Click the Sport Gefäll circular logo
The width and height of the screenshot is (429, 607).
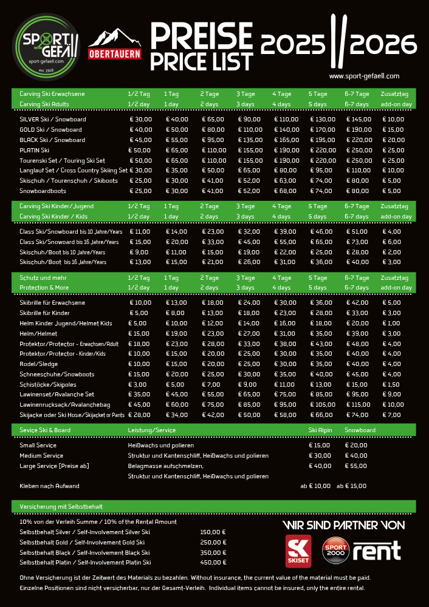pos(47,47)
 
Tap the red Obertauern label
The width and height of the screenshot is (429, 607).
pos(115,53)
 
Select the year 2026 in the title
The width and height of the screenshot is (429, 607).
pos(384,44)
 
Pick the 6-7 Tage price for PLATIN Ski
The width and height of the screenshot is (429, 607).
pos(357,150)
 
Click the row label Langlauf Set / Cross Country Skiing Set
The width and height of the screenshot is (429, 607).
pos(74,171)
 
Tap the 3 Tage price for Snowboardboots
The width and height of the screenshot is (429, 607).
pos(249,191)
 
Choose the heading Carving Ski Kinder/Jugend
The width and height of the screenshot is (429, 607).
pos(57,206)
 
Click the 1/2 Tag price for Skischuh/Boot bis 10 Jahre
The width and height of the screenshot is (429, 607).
pos(139,252)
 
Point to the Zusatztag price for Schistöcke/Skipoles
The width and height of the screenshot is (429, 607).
pos(392,385)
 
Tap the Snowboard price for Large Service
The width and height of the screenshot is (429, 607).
pos(356,466)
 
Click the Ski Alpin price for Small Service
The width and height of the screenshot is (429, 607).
pos(320,446)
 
